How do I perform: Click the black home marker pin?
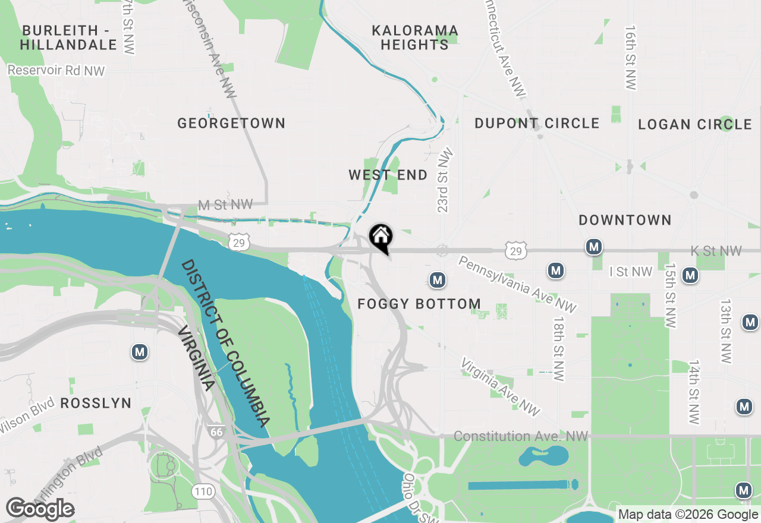pos(380,238)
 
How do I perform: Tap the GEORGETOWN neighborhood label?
pos(231,124)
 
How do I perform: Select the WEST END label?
pos(388,175)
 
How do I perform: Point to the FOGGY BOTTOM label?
pos(419,304)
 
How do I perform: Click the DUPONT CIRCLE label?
pos(537,124)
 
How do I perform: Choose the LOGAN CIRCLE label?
pos(695,125)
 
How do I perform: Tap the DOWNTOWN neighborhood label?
pos(625,220)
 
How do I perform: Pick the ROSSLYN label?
pos(96,404)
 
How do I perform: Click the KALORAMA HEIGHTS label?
pos(415,37)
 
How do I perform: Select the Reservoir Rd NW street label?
pos(56,71)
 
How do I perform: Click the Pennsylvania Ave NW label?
pos(517,284)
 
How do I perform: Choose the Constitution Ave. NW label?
pos(521,437)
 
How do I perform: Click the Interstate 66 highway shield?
pos(216,432)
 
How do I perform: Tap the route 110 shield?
pos(203,492)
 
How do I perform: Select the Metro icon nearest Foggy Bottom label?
pos(438,279)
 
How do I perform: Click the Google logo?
pos(40,509)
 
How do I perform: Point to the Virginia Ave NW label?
pos(501,387)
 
